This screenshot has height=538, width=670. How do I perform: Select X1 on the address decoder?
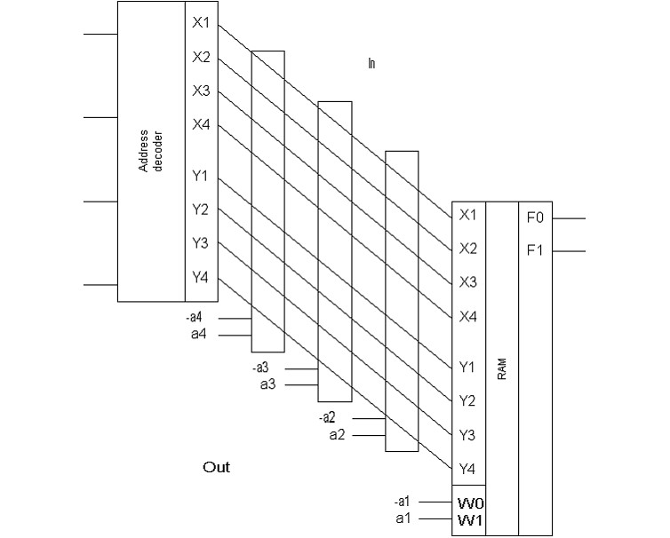201,23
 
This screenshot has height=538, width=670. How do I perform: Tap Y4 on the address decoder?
201,278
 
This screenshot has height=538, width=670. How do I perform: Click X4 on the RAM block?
467,316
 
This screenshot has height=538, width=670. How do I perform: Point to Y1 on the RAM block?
467,367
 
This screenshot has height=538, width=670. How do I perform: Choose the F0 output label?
534,217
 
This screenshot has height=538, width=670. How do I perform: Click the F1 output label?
534,251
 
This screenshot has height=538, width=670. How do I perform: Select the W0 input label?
470,502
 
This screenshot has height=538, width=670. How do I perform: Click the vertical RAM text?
501,370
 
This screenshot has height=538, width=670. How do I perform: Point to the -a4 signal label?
194,318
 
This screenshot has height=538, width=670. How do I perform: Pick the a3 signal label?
267,384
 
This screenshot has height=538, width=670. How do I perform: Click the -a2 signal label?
327,417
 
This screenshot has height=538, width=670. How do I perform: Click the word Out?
216,467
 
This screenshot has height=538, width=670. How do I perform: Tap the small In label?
371,63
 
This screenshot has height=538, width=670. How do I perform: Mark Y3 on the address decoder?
201,243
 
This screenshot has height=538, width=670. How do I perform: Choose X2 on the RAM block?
467,249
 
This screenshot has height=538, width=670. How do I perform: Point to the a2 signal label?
337,434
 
